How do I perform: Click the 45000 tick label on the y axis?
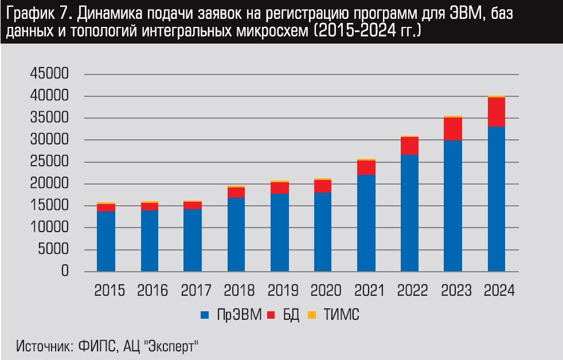(x=47, y=75)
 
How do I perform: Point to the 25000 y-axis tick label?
(x=47, y=162)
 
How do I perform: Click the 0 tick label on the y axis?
(x=64, y=272)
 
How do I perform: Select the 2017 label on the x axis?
(x=197, y=290)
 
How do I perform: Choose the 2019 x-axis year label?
(x=284, y=290)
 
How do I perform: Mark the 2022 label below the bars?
(x=414, y=290)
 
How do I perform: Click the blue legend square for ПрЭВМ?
(x=205, y=315)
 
